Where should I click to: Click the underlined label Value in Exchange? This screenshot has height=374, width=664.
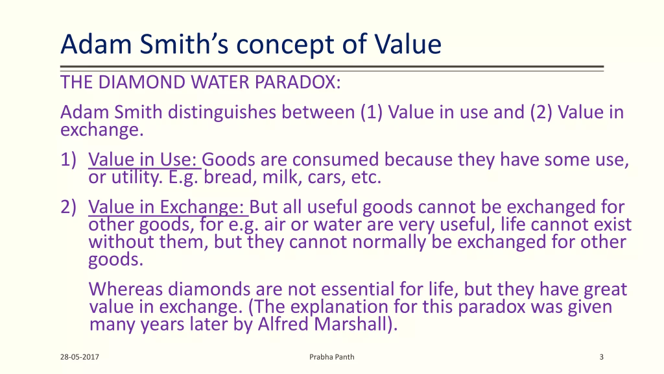tap(167, 207)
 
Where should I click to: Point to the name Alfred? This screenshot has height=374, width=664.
tap(283, 324)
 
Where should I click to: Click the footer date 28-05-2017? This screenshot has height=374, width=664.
tap(80, 357)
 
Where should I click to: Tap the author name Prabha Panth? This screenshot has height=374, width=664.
tap(331, 357)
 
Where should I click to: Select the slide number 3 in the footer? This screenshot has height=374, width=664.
tap(601, 357)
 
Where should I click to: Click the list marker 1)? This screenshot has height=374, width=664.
tap(69, 160)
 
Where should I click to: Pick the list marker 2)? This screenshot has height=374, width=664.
tap(69, 207)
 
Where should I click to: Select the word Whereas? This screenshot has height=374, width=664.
tap(126, 289)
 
